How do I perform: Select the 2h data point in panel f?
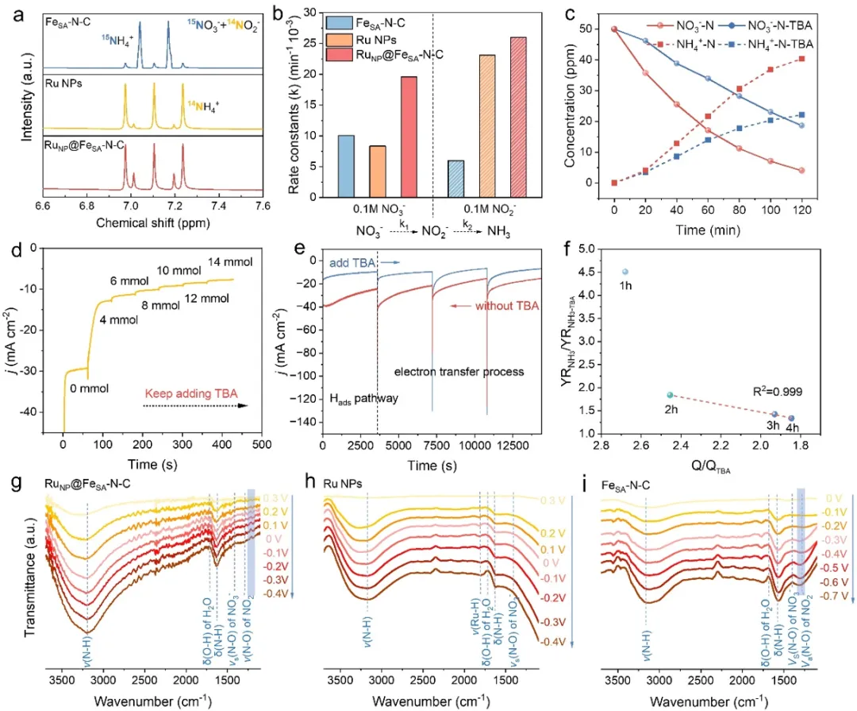click(x=671, y=395)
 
